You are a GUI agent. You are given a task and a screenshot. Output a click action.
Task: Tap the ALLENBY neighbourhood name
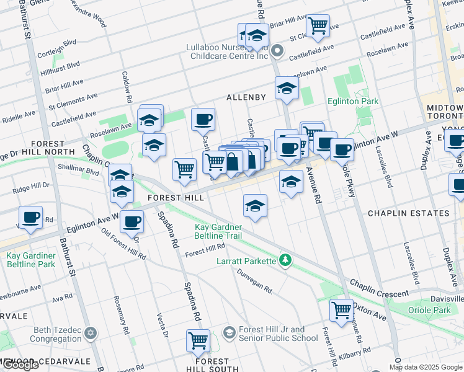click(246, 97)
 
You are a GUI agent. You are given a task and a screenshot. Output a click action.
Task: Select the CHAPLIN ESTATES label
click(408, 213)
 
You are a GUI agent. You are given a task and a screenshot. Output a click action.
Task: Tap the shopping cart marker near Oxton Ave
click(341, 309)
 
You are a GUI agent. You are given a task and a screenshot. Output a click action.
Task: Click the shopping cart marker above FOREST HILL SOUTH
click(198, 340)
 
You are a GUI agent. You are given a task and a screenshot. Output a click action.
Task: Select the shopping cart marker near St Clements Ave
click(318, 25)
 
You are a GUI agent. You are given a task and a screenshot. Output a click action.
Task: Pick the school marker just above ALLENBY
click(287, 89)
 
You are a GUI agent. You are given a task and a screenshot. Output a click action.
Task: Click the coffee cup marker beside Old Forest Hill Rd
click(131, 220)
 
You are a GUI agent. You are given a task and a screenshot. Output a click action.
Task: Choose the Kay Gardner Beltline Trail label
click(218, 232)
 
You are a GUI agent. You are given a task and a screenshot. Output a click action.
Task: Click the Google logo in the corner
click(20, 365)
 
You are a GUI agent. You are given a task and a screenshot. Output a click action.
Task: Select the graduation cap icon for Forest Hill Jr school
click(229, 334)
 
